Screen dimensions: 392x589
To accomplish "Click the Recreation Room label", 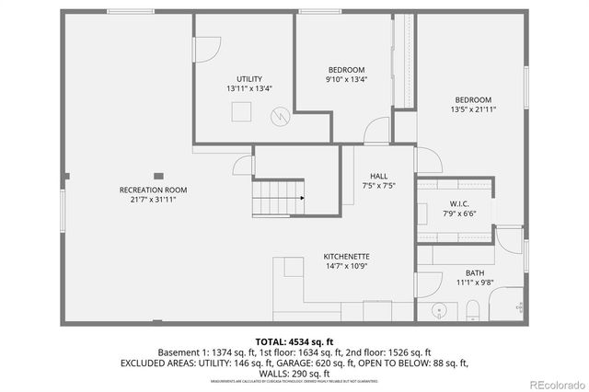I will tap(147, 190).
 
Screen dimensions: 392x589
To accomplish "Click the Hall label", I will tap(378, 176).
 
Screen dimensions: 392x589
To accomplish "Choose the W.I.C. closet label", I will tap(459, 203).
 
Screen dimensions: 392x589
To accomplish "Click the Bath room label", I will tap(475, 273).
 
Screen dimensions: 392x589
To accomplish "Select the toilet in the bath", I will tap(471, 306).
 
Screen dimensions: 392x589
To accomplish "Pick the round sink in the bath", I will tap(438, 308).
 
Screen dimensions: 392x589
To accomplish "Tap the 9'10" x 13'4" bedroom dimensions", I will tap(346, 79).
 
